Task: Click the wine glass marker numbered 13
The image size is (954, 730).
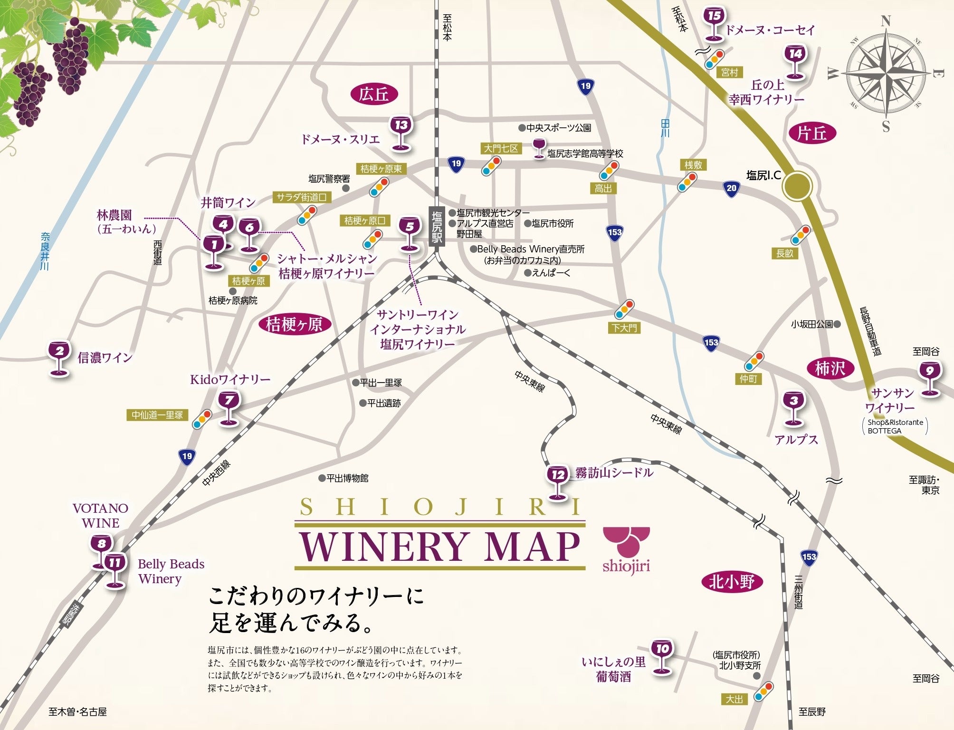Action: pos(401,132)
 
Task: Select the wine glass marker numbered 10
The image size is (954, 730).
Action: pos(662,655)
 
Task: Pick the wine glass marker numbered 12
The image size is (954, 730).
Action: pos(558,481)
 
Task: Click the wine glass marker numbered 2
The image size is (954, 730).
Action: pos(59,357)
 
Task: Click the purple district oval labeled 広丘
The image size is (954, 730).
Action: pos(374,94)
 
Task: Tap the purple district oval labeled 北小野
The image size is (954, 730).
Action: pos(732,582)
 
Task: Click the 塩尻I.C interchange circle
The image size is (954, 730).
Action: pos(798,185)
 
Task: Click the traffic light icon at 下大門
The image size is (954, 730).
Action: pos(624,309)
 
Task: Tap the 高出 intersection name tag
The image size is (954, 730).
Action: pos(603,189)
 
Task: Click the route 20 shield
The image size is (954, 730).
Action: pos(731,188)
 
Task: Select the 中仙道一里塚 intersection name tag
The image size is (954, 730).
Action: pos(157,415)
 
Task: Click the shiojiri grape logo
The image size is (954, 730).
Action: pos(626,549)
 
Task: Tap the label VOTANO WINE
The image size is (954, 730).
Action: pos(100,515)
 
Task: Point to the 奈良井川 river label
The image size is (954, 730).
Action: pos(45,251)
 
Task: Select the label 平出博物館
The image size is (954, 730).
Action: pos(347,478)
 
